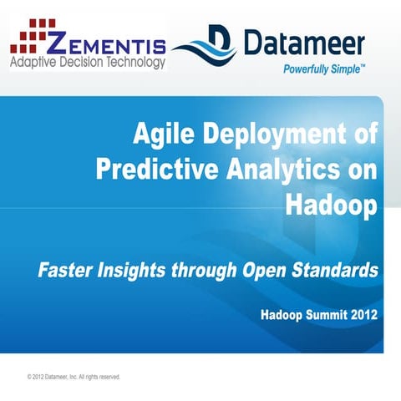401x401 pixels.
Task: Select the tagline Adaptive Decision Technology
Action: click(88, 62)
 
